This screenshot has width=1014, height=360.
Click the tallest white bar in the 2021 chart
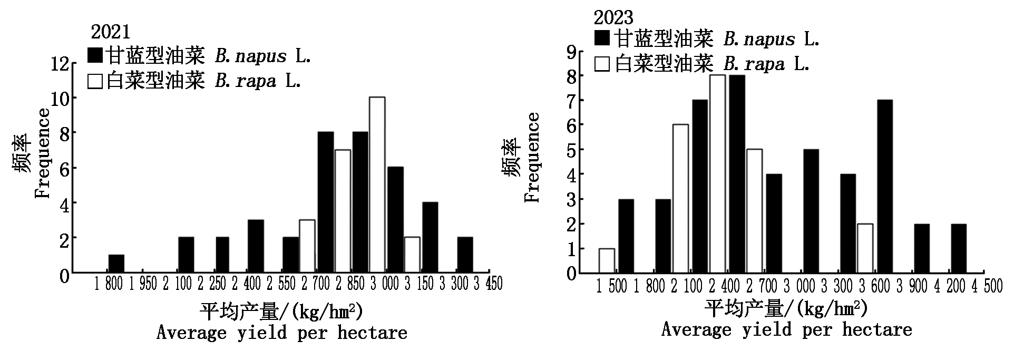[377, 184]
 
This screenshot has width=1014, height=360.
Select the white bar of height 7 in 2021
[343, 211]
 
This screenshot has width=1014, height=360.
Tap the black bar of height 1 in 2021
[116, 264]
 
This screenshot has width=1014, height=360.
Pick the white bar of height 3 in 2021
[307, 246]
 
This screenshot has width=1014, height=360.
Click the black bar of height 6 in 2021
[395, 220]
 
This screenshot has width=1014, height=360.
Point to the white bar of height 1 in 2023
[607, 260]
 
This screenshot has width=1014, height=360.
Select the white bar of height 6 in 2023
[680, 199]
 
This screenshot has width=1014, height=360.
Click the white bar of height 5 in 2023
[754, 211]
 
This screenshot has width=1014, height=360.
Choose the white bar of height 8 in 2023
[717, 174]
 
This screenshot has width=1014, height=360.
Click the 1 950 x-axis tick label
[143, 284]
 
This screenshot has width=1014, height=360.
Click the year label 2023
[613, 17]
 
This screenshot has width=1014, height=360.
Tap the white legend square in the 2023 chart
[602, 64]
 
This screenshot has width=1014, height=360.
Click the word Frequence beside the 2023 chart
[533, 157]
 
